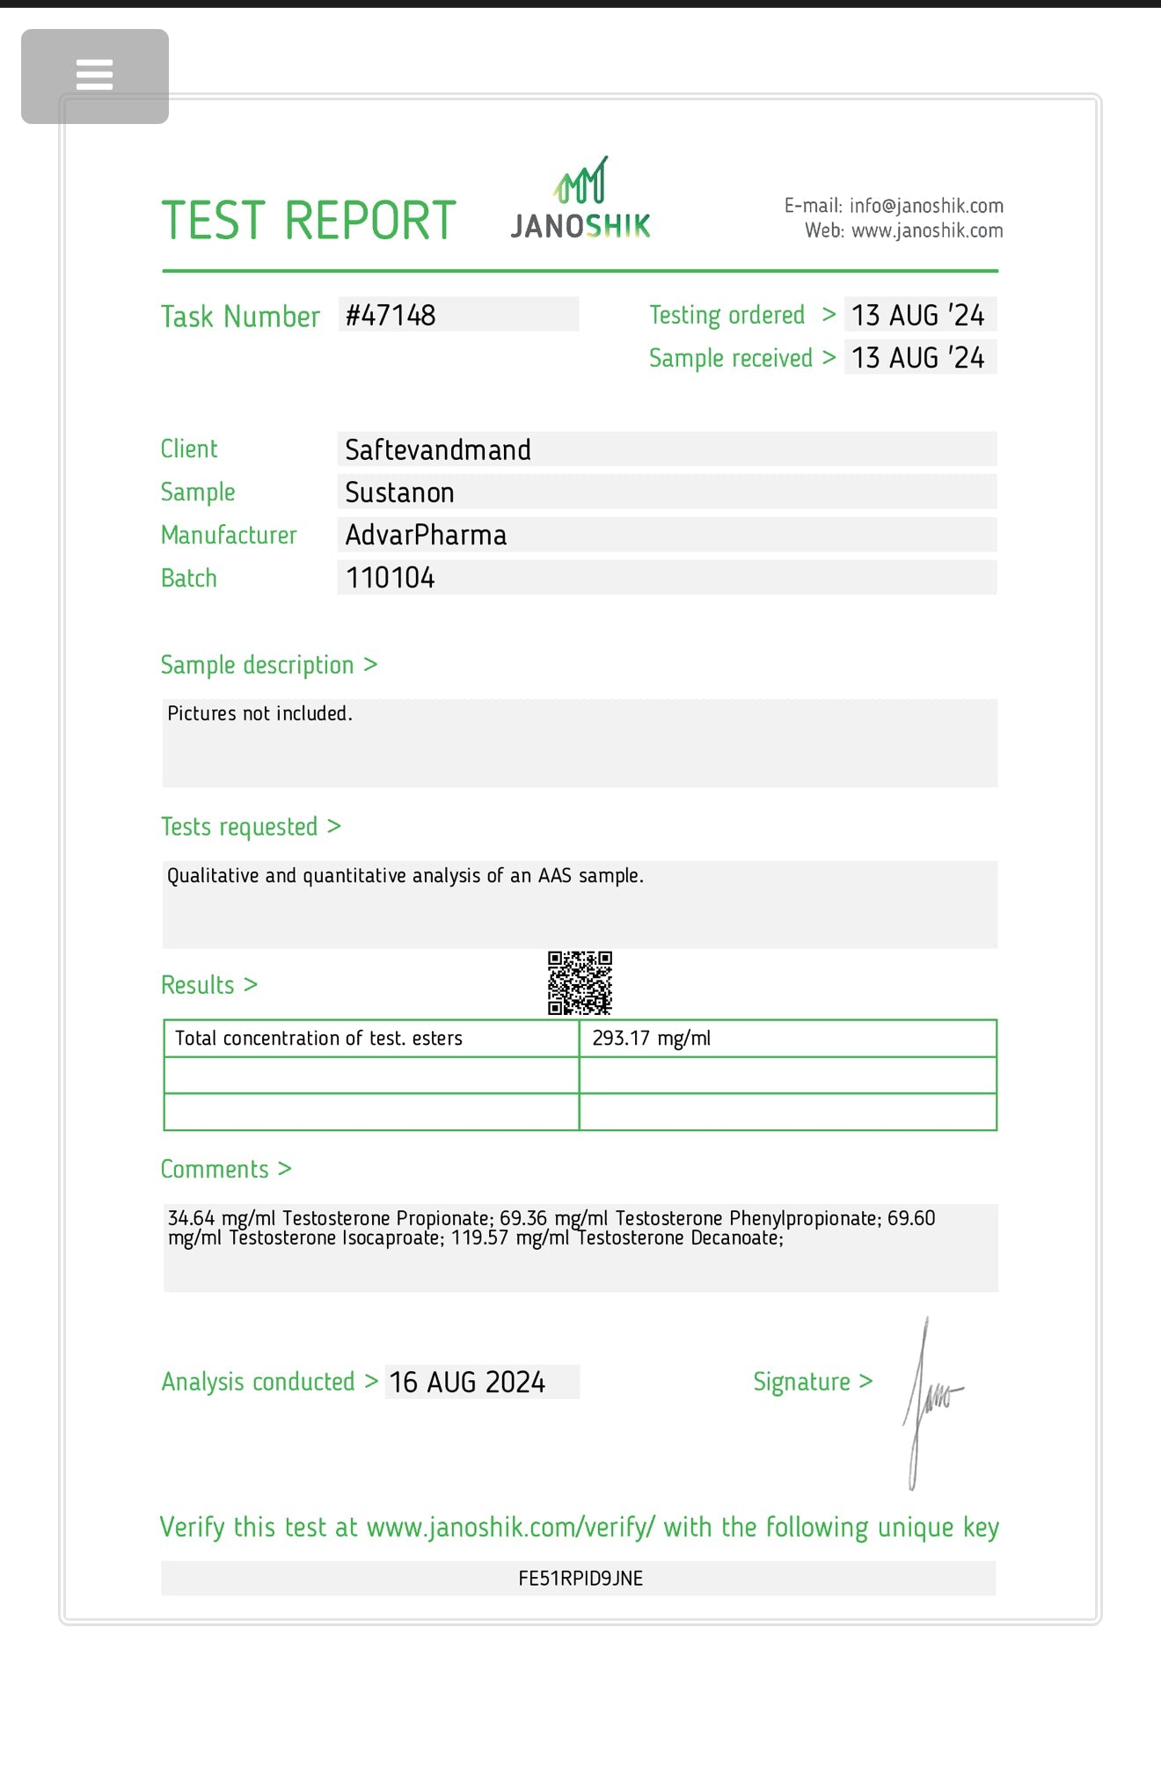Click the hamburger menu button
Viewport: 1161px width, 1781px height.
pyautogui.click(x=94, y=76)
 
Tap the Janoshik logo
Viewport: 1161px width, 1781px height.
pyautogui.click(x=580, y=201)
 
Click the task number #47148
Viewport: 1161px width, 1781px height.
pyautogui.click(x=391, y=315)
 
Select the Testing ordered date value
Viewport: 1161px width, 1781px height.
pyautogui.click(x=917, y=315)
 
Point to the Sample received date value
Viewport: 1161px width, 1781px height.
pyautogui.click(x=917, y=358)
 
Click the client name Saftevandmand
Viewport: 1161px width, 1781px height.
pyautogui.click(x=437, y=449)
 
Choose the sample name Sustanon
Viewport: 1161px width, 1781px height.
pyautogui.click(x=399, y=493)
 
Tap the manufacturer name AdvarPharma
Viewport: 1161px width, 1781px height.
pyautogui.click(x=426, y=535)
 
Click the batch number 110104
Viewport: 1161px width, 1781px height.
pyautogui.click(x=390, y=578)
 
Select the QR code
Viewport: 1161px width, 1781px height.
pyautogui.click(x=580, y=982)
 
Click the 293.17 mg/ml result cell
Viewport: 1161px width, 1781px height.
pyautogui.click(x=651, y=1038)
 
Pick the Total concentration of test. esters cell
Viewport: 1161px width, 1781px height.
pyautogui.click(x=318, y=1038)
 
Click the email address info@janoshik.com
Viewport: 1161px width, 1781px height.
pyautogui.click(x=925, y=206)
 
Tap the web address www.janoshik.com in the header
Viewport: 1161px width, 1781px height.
pyautogui.click(x=926, y=230)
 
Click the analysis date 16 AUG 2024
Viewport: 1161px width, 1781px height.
pyautogui.click(x=467, y=1382)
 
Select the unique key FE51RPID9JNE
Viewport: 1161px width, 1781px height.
pyautogui.click(x=580, y=1578)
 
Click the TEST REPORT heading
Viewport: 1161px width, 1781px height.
pyautogui.click(x=309, y=220)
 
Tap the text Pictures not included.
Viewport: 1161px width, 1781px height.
pyautogui.click(x=259, y=713)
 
